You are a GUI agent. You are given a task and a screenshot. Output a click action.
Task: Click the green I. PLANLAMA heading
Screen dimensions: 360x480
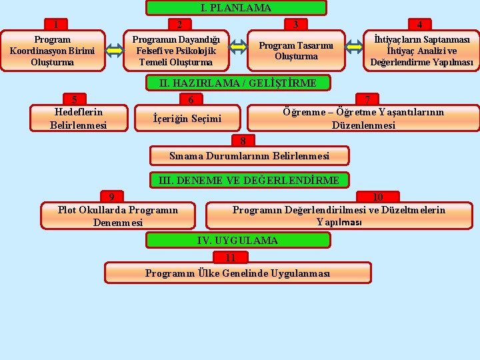pyautogui.click(x=236, y=8)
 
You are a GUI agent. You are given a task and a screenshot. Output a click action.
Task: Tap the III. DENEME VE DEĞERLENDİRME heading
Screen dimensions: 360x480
pyautogui.click(x=248, y=180)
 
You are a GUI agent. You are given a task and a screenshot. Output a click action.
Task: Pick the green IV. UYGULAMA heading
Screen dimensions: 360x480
pyautogui.click(x=238, y=240)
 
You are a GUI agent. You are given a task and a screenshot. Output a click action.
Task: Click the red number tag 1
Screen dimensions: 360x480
pyautogui.click(x=57, y=25)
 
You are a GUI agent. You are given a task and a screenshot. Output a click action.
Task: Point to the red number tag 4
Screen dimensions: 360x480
pyautogui.click(x=419, y=25)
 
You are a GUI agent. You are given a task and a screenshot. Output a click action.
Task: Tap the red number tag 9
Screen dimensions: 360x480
pyautogui.click(x=111, y=197)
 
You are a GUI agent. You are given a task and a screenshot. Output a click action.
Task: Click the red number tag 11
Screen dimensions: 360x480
pyautogui.click(x=231, y=258)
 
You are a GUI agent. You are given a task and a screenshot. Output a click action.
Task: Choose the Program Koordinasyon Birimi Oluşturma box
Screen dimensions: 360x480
pyautogui.click(x=52, y=51)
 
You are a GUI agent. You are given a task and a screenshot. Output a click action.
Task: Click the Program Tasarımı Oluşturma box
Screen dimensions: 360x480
pyautogui.click(x=296, y=51)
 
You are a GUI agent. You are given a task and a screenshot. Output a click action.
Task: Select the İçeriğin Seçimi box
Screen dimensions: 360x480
pyautogui.click(x=187, y=119)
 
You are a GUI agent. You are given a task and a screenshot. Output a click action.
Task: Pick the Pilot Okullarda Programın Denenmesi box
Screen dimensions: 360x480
pyautogui.click(x=118, y=216)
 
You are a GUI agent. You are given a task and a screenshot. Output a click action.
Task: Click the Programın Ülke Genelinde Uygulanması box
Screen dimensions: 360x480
pyautogui.click(x=237, y=273)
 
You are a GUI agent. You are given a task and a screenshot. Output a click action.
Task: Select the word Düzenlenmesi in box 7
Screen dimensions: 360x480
pyautogui.click(x=363, y=125)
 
